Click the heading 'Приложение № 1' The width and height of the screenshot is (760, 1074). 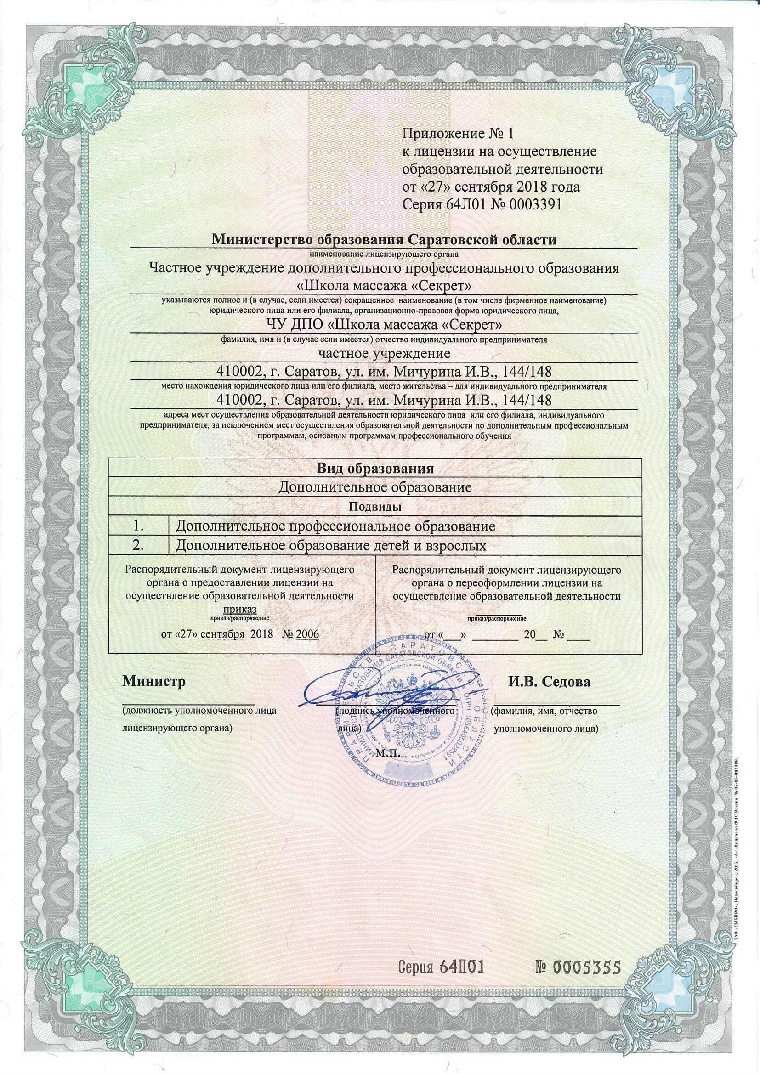tap(458, 134)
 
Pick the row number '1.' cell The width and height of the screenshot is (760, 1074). tap(138, 526)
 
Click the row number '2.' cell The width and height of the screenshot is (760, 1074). tap(138, 545)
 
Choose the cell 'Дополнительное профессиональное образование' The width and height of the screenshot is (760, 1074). tap(335, 526)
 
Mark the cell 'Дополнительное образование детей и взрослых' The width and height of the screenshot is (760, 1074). tap(331, 545)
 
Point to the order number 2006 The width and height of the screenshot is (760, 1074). tap(307, 634)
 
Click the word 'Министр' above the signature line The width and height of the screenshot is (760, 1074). tap(154, 681)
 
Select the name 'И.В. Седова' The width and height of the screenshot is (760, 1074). tap(550, 682)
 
